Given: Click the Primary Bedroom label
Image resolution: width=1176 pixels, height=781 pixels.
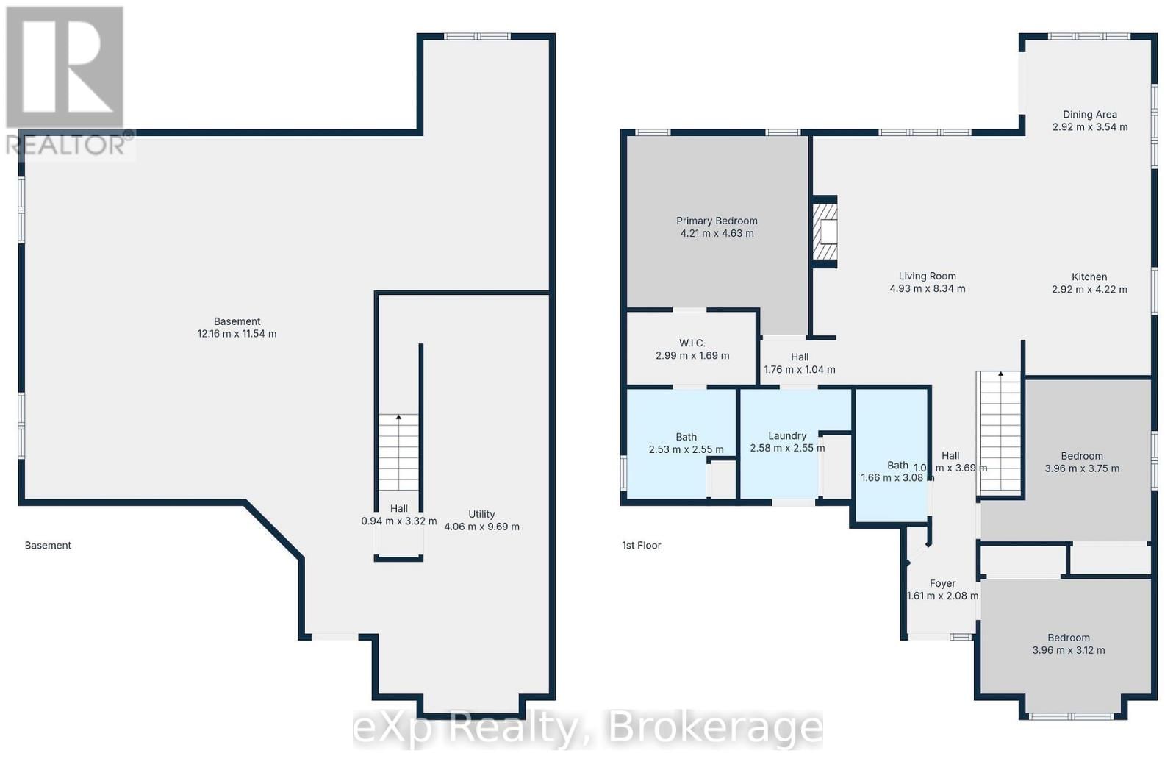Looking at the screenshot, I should (x=717, y=221).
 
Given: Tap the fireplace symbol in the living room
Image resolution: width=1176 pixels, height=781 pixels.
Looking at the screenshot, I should (x=825, y=232).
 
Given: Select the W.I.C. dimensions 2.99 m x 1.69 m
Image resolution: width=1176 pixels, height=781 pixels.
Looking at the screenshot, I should (x=692, y=356).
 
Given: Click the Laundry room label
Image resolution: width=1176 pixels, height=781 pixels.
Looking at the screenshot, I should (x=787, y=436).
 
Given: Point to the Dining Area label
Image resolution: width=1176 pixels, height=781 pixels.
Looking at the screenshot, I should (x=1089, y=115).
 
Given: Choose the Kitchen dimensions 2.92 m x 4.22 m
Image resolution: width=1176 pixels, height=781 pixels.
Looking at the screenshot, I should (x=1089, y=290).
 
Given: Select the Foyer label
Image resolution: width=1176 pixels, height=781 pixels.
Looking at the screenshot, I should (x=942, y=584).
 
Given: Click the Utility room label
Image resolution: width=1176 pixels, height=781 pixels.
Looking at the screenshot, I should (x=481, y=515).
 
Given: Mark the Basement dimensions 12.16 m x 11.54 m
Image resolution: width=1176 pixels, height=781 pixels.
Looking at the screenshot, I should (x=237, y=334).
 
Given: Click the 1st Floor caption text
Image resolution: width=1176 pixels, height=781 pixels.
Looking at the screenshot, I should (x=641, y=546).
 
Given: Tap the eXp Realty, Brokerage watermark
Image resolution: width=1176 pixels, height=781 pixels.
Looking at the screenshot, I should (x=588, y=728).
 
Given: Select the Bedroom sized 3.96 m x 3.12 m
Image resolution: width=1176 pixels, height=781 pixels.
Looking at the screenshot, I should (x=1069, y=644).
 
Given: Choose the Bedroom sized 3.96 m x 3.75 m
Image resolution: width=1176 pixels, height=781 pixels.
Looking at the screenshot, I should (x=1082, y=462).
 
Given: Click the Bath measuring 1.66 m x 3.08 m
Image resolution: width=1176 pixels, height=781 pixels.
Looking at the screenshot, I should (x=897, y=471).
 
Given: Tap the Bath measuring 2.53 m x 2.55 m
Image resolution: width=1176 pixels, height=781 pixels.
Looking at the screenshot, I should (x=686, y=443).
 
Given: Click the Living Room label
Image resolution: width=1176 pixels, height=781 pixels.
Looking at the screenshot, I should (x=927, y=277).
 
